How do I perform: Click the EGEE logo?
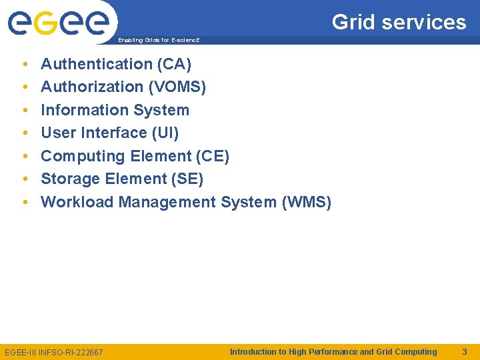click(58, 23)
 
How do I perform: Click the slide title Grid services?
click(399, 22)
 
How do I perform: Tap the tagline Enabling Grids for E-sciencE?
click(159, 41)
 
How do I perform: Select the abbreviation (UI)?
click(165, 133)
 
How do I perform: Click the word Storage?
click(69, 179)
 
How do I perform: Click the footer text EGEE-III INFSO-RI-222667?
click(54, 352)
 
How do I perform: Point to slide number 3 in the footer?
click(464, 351)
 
